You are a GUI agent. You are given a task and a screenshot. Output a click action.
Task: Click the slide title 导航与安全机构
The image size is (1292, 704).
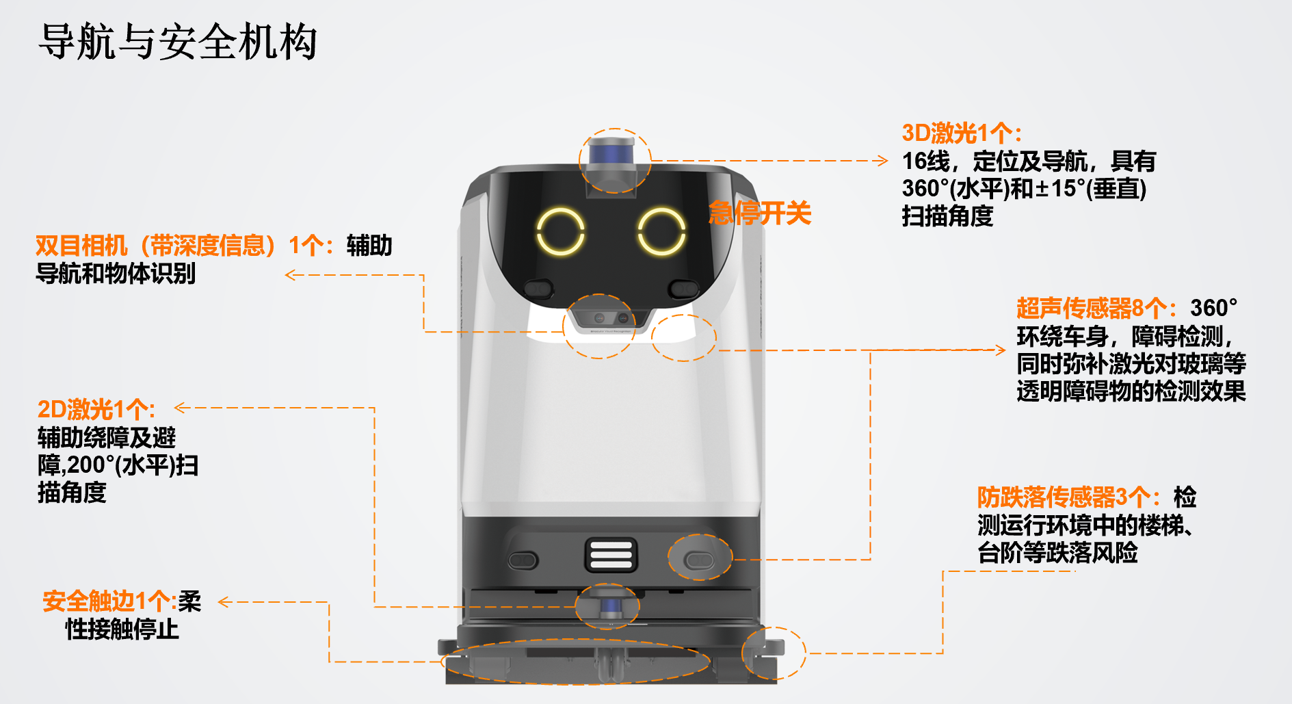178,42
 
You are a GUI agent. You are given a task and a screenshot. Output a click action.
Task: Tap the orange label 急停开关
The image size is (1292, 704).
760,213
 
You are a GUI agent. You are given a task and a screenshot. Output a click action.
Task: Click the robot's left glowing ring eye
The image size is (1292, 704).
561,231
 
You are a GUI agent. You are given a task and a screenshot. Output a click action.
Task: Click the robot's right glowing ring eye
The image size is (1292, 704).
661,231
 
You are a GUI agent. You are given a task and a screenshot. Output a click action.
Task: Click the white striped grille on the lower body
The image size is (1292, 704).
611,554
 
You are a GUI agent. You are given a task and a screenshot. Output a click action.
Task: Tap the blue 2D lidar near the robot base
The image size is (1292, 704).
608,605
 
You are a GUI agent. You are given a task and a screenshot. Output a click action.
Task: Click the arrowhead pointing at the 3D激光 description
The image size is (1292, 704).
883,161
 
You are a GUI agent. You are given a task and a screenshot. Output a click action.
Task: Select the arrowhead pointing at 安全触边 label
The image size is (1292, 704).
223,602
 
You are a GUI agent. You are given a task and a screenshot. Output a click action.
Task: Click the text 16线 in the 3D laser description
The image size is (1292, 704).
925,161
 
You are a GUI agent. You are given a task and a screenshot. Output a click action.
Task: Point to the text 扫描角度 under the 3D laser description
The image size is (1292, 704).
947,216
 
